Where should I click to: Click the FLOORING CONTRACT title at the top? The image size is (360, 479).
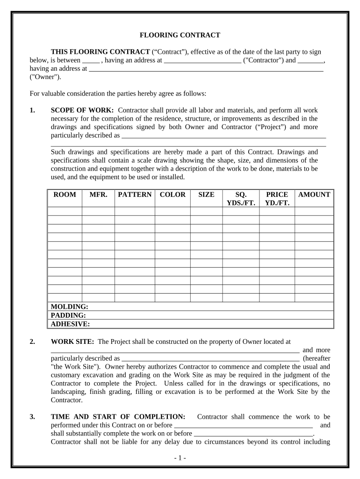coord(180,35)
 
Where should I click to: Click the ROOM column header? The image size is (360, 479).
coord(65,195)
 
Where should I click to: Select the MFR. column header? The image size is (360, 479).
coord(98,195)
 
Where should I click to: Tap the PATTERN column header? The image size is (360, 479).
coord(135,195)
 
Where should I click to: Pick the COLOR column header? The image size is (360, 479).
coord(173,195)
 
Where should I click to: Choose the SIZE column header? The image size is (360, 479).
coord(206,195)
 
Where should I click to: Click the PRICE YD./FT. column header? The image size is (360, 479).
coord(277,198)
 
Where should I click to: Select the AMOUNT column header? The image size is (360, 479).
coord(314,195)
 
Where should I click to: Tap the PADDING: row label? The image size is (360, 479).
coord(68,315)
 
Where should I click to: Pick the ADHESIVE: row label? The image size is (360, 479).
coord(70,324)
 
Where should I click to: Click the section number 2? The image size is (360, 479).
coord(32,341)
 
